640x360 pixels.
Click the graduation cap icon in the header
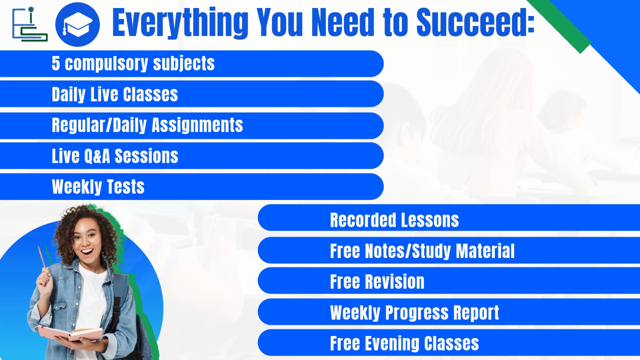point(77,24)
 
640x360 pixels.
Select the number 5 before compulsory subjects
point(56,63)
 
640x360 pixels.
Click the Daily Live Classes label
point(115,94)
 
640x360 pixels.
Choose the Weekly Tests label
point(98,187)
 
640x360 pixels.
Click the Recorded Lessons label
point(394,220)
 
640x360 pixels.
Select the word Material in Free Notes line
point(485,251)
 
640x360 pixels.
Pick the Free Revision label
point(377,282)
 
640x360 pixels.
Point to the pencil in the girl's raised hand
point(42,258)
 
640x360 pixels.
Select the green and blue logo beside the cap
point(29,25)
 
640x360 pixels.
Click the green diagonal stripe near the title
point(568,26)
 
